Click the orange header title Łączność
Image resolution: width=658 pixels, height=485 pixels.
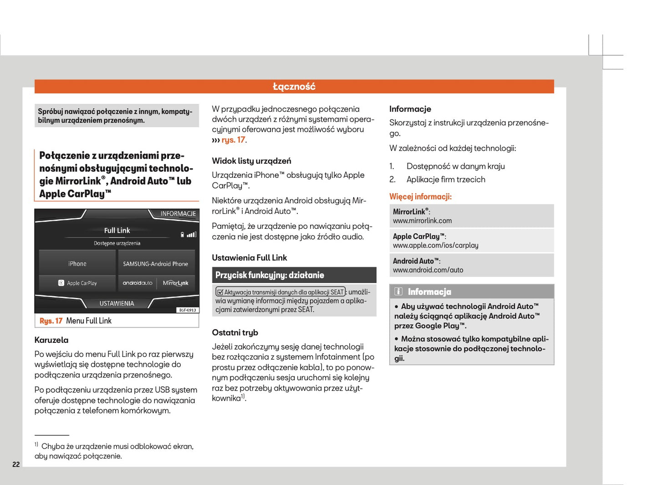(294, 87)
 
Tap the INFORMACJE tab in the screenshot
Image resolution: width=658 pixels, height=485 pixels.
(178, 213)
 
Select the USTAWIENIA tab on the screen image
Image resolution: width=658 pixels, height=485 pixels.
(117, 303)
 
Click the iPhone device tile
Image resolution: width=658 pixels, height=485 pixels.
(77, 263)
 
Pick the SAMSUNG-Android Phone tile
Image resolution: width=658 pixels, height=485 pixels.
(155, 263)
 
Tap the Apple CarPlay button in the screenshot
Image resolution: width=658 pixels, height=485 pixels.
(77, 283)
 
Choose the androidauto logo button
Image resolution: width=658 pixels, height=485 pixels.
(137, 283)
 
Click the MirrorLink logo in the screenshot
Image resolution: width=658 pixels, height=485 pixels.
(175, 283)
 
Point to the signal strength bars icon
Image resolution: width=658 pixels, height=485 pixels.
(192, 235)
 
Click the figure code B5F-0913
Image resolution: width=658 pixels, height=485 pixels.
(187, 310)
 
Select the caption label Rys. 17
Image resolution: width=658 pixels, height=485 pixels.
(51, 321)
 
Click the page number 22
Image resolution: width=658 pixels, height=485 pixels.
(16, 464)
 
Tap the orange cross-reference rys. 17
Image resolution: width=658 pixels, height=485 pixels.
(234, 140)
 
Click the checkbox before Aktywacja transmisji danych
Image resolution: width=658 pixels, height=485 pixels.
(220, 292)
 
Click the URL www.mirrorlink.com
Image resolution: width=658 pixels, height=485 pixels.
(422, 221)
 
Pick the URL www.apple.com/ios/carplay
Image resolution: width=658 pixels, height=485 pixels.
(435, 245)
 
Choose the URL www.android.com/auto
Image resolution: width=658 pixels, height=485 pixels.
(428, 270)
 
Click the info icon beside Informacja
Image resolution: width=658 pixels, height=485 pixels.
(398, 291)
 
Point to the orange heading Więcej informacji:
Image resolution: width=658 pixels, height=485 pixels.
(420, 196)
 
